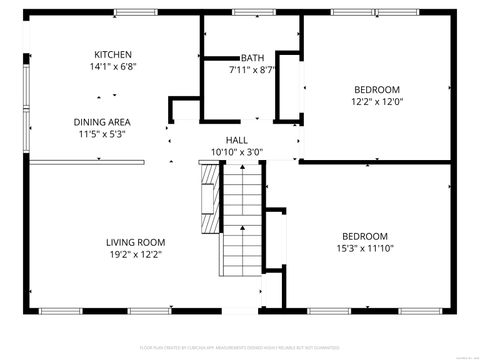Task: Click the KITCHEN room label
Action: tap(112, 55)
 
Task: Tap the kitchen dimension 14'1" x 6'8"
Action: tap(112, 67)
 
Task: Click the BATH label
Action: tap(252, 58)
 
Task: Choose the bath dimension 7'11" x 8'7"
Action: tap(252, 70)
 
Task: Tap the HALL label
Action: tap(236, 141)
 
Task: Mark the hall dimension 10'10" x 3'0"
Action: tap(236, 153)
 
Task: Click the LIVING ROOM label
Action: tap(136, 242)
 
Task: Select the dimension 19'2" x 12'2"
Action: tap(136, 254)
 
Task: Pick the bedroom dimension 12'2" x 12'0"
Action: tap(376, 101)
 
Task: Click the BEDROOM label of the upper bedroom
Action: tap(376, 88)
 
